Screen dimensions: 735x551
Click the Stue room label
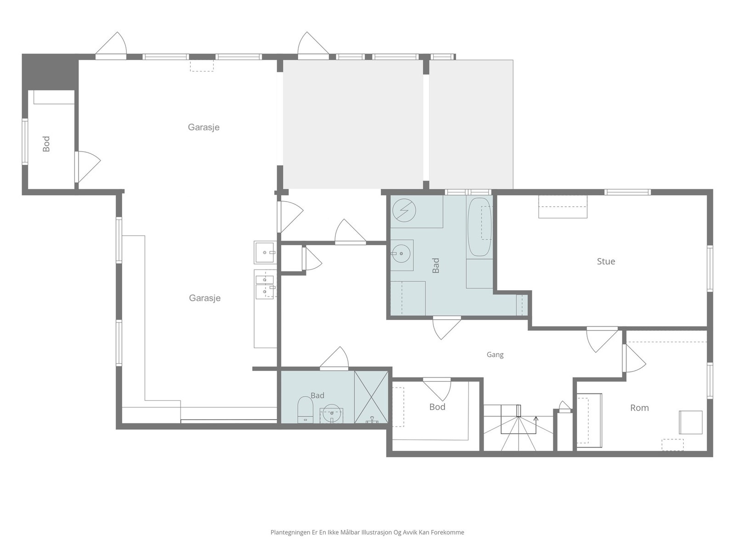pyautogui.click(x=606, y=261)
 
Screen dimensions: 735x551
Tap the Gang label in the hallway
pyautogui.click(x=495, y=354)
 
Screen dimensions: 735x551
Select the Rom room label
pyautogui.click(x=639, y=408)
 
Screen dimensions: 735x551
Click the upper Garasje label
pyautogui.click(x=204, y=127)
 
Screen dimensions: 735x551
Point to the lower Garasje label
pyautogui.click(x=204, y=298)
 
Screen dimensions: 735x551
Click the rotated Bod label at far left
pyautogui.click(x=46, y=144)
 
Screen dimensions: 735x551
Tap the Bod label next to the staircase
pyautogui.click(x=437, y=407)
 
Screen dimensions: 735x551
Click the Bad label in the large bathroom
pyautogui.click(x=435, y=265)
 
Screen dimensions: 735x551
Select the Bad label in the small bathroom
pyautogui.click(x=317, y=395)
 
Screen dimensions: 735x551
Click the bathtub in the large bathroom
pyautogui.click(x=479, y=227)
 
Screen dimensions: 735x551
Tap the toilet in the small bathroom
pyautogui.click(x=305, y=410)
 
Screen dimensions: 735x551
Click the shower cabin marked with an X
pyautogui.click(x=371, y=397)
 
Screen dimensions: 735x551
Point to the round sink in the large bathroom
pyautogui.click(x=401, y=253)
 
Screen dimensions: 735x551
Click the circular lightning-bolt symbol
pyautogui.click(x=404, y=210)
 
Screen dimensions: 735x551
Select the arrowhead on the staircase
pyautogui.click(x=536, y=418)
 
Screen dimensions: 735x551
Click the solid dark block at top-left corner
pyautogui.click(x=50, y=72)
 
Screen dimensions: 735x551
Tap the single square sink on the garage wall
pyautogui.click(x=265, y=252)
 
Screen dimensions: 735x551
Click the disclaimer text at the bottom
pyautogui.click(x=367, y=532)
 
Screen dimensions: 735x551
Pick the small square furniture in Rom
pyautogui.click(x=690, y=422)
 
